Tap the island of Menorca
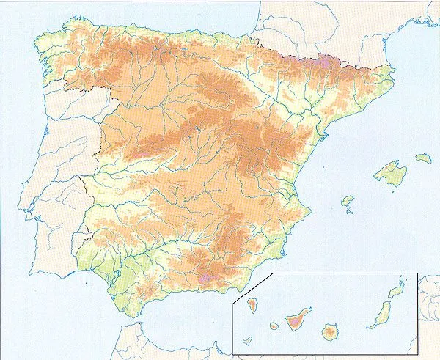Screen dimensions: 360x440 coord(423,157)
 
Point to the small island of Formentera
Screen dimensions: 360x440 coord(351,213)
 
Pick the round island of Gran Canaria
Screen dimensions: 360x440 coord(329,332)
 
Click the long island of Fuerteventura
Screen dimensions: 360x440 coord(380,315)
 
